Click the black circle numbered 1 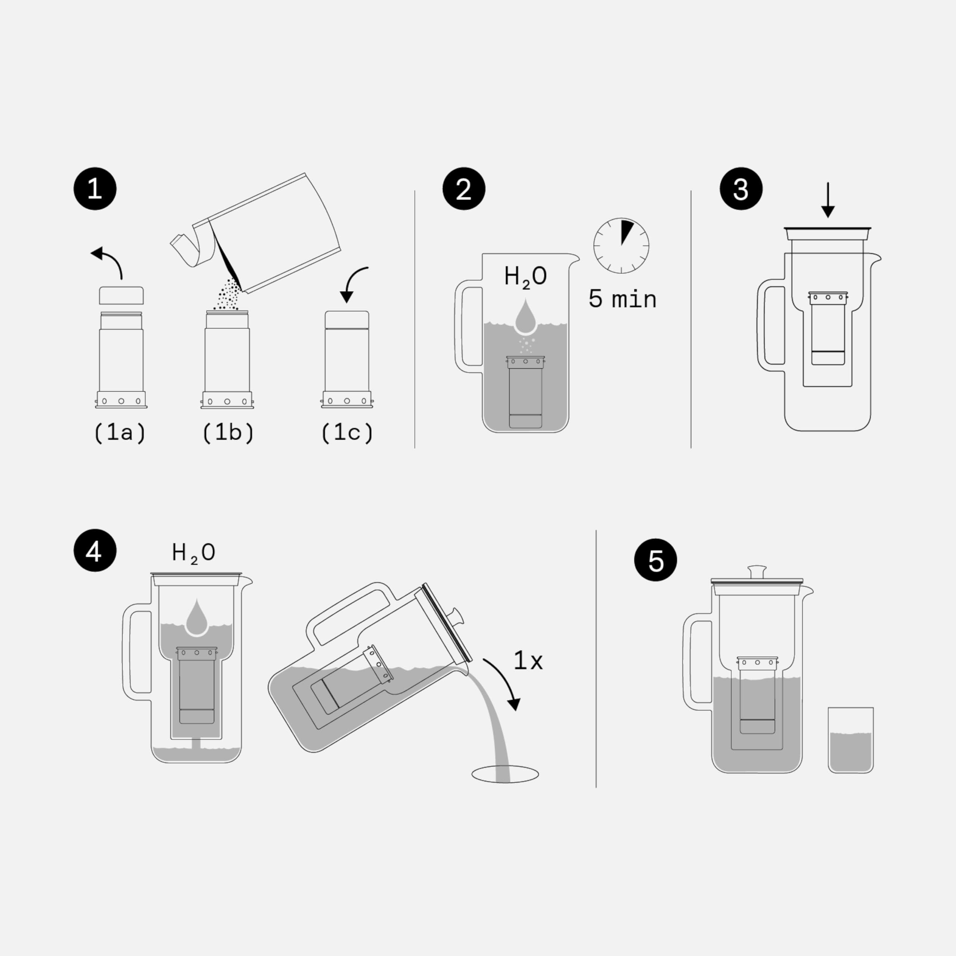[x=94, y=189]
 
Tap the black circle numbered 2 [x=464, y=189]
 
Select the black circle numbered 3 [x=741, y=189]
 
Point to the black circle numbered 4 [x=94, y=551]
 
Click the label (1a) [x=120, y=432]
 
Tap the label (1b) [x=228, y=432]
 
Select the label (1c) [x=347, y=432]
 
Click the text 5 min [x=622, y=299]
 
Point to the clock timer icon [x=621, y=245]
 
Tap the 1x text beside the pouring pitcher [x=528, y=661]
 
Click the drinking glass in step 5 [x=851, y=740]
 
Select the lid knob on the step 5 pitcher [x=757, y=571]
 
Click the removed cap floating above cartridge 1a [x=121, y=295]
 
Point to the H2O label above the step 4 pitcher [x=193, y=553]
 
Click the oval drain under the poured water [x=505, y=774]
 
